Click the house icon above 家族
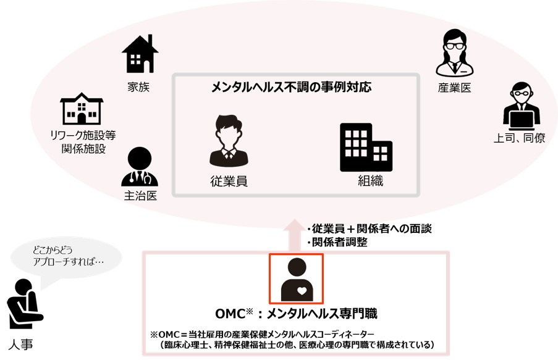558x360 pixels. [x=140, y=54]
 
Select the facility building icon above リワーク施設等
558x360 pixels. [x=82, y=109]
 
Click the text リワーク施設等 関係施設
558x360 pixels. [x=84, y=141]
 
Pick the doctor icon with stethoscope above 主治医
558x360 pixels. [x=140, y=166]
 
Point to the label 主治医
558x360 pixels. [x=140, y=196]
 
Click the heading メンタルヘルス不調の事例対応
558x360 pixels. [x=291, y=87]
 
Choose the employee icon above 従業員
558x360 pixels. [x=229, y=140]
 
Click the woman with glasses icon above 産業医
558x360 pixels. [x=454, y=54]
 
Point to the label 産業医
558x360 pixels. [x=454, y=88]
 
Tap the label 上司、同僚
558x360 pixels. [x=520, y=138]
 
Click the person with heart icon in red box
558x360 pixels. [x=297, y=279]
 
